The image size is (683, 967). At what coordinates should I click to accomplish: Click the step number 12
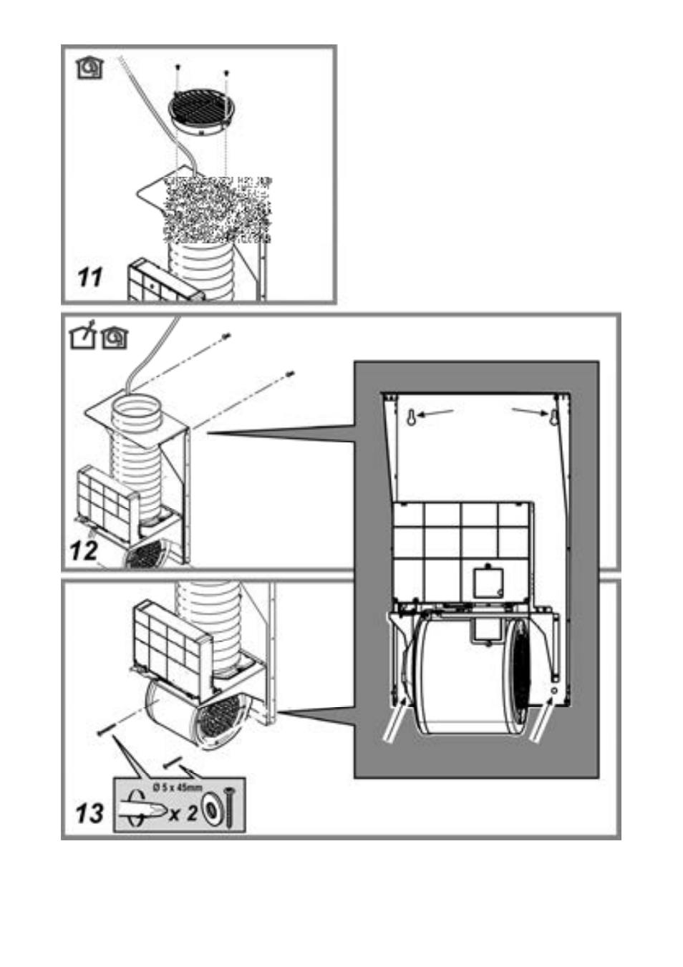coord(84,551)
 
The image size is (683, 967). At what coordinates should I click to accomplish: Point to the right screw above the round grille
coord(227,73)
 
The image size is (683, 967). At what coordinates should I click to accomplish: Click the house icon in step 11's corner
coord(90,69)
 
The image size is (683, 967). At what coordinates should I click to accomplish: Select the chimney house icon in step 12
coord(83,335)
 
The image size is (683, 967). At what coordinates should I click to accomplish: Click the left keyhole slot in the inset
coord(412,417)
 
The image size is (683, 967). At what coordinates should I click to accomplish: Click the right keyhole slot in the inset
coord(554,417)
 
